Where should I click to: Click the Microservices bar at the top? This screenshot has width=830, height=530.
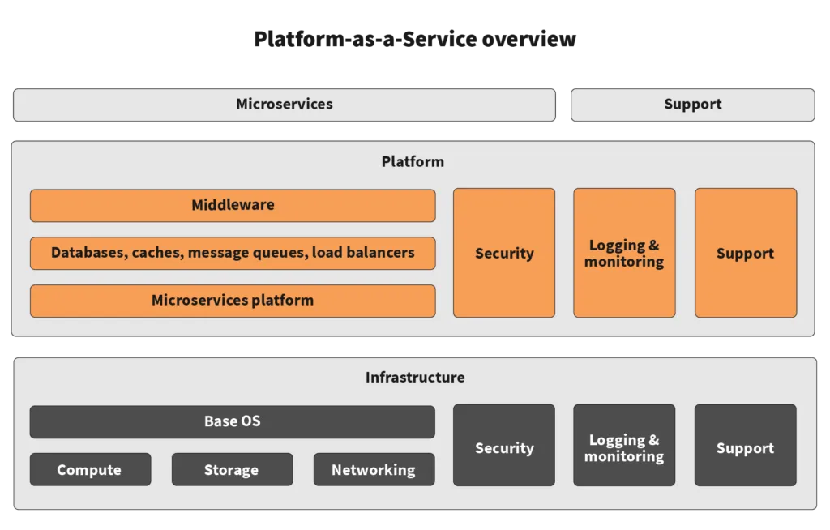click(x=285, y=105)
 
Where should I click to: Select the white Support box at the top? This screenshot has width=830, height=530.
click(x=692, y=105)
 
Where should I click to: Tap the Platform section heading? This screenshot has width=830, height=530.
click(x=413, y=162)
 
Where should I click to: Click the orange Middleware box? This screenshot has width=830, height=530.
click(x=233, y=206)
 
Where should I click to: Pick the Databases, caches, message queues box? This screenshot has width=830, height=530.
click(x=233, y=253)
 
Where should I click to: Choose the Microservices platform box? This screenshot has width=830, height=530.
click(x=233, y=301)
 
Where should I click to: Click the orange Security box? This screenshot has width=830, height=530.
click(x=504, y=254)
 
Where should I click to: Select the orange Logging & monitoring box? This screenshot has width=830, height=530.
click(x=624, y=254)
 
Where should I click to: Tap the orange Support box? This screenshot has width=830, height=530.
click(x=745, y=254)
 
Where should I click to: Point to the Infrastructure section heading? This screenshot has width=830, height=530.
click(x=415, y=378)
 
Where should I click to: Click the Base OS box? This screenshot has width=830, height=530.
click(x=233, y=422)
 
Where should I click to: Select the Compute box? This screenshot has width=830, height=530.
click(x=90, y=470)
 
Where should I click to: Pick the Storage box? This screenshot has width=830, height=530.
click(x=232, y=470)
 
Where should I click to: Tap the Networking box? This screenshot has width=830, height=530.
click(x=374, y=470)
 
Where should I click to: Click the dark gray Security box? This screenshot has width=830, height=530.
click(x=504, y=448)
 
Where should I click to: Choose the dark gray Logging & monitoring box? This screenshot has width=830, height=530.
click(x=624, y=448)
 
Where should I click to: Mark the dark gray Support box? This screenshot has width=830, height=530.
click(x=745, y=448)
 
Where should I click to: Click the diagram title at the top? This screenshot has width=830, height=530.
click(x=415, y=39)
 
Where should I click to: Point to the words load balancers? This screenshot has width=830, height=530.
click(x=363, y=253)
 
